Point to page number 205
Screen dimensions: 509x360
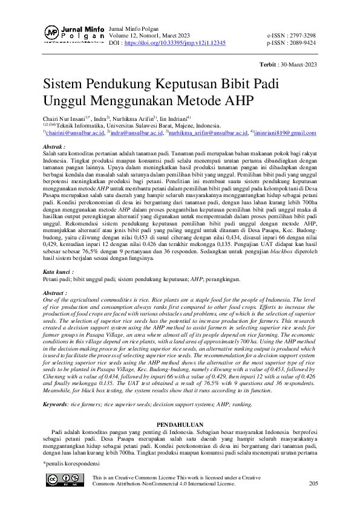click(313, 484)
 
